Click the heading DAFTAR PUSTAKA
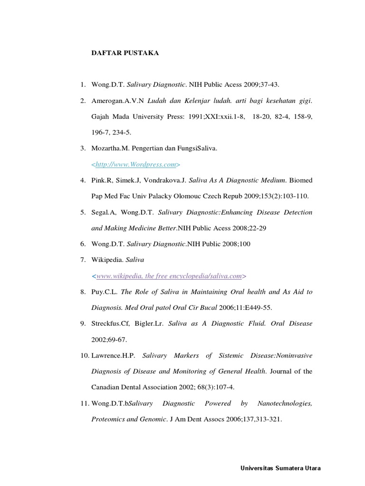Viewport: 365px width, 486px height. pyautogui.click(x=125, y=53)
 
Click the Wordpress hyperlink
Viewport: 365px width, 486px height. pyautogui.click(x=136, y=164)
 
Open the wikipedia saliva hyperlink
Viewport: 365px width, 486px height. pyautogui.click(x=169, y=276)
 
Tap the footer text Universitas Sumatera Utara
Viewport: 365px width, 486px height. pyautogui.click(x=280, y=468)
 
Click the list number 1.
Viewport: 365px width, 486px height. pyautogui.click(x=82, y=84)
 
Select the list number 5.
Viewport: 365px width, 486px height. pyautogui.click(x=82, y=212)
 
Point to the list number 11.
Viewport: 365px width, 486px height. pyautogui.click(x=84, y=403)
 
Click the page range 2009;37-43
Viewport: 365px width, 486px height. pyautogui.click(x=260, y=84)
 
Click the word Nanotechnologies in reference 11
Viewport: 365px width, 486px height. pyautogui.click(x=285, y=403)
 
